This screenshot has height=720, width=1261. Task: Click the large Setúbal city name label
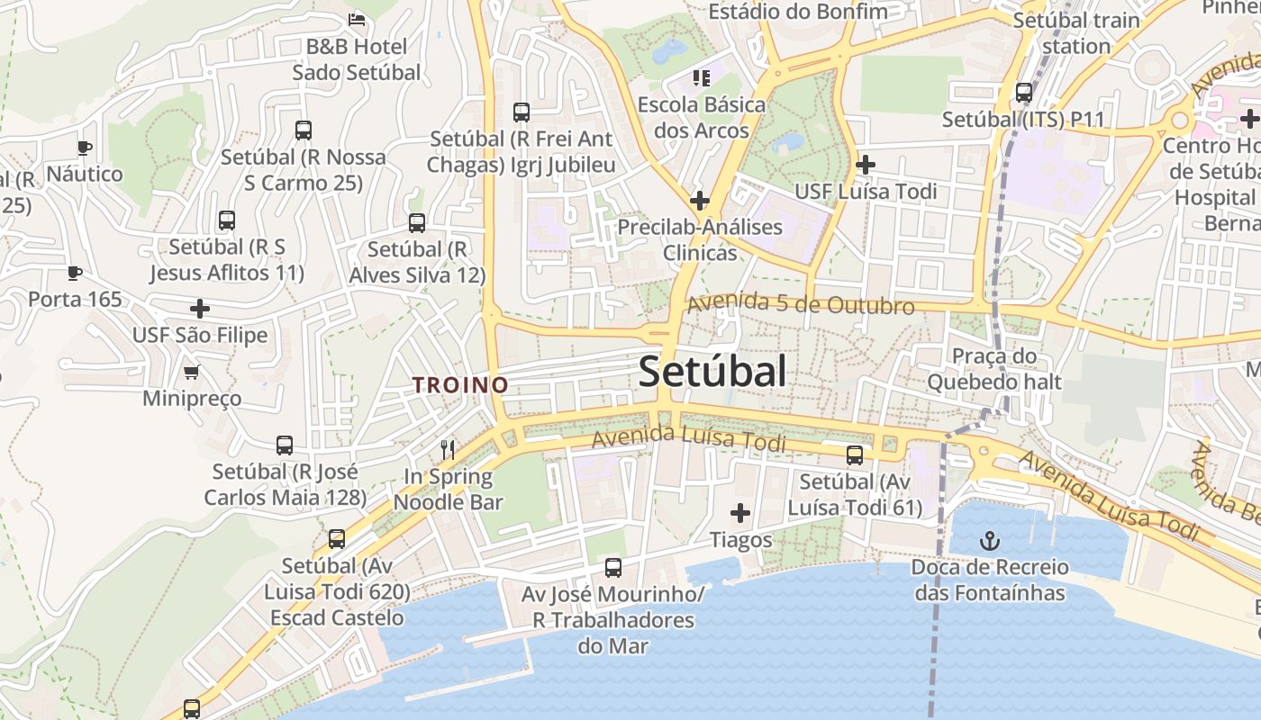pos(712,372)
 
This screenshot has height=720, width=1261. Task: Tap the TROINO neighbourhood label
pos(460,385)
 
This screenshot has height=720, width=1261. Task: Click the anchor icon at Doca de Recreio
pos(990,541)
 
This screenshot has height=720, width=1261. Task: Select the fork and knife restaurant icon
pos(447,449)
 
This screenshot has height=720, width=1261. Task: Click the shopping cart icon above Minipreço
pos(191,372)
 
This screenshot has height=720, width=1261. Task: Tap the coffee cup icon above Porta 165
pos(75,273)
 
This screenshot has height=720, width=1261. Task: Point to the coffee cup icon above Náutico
pos(85,148)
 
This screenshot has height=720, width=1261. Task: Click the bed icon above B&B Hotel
pos(357,19)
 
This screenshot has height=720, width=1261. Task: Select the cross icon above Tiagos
pos(740,513)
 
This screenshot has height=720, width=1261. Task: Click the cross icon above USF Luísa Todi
pos(866,165)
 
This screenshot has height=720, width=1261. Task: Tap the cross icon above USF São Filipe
pos(200,310)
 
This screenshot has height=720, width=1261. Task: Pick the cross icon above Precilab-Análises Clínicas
pos(700,200)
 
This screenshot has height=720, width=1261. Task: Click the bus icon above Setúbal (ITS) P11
pos(1023,93)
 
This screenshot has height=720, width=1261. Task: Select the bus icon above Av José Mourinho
pos(613,568)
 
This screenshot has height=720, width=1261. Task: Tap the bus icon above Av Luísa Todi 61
pos(855,455)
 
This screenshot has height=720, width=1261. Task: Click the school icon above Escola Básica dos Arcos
pos(701,78)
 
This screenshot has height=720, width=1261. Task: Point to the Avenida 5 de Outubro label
pos(801,305)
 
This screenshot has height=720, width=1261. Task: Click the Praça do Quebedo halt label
pos(994,369)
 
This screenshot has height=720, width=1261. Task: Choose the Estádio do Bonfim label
pos(798,12)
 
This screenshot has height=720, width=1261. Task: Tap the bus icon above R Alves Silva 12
pos(416,223)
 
